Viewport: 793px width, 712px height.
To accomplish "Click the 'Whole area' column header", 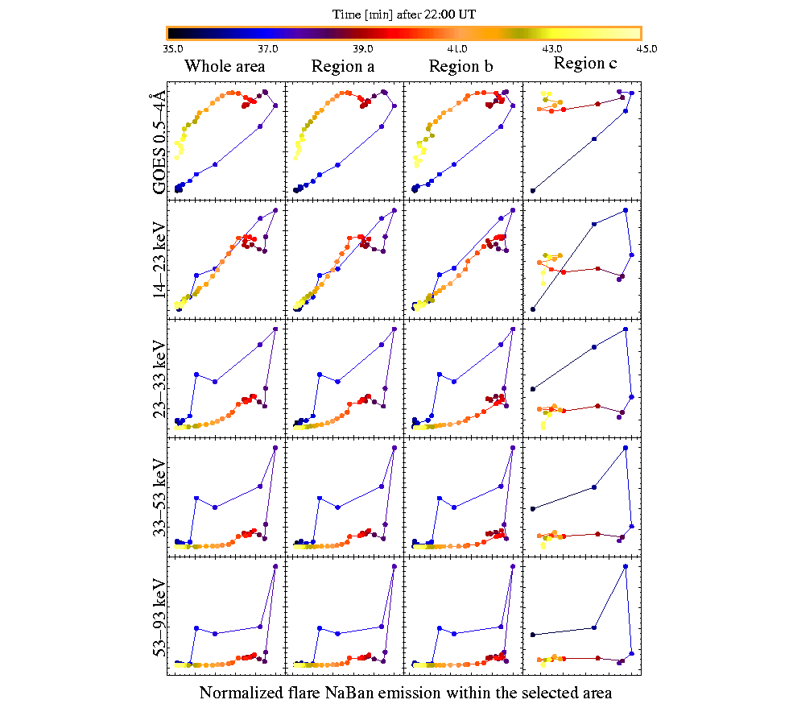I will (x=225, y=67).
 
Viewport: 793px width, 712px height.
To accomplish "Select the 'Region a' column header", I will (x=343, y=67).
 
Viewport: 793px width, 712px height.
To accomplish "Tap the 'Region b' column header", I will (x=461, y=67).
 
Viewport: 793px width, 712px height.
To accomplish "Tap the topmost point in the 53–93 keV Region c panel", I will (x=626, y=566).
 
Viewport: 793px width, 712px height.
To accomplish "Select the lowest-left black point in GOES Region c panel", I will (x=533, y=191).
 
